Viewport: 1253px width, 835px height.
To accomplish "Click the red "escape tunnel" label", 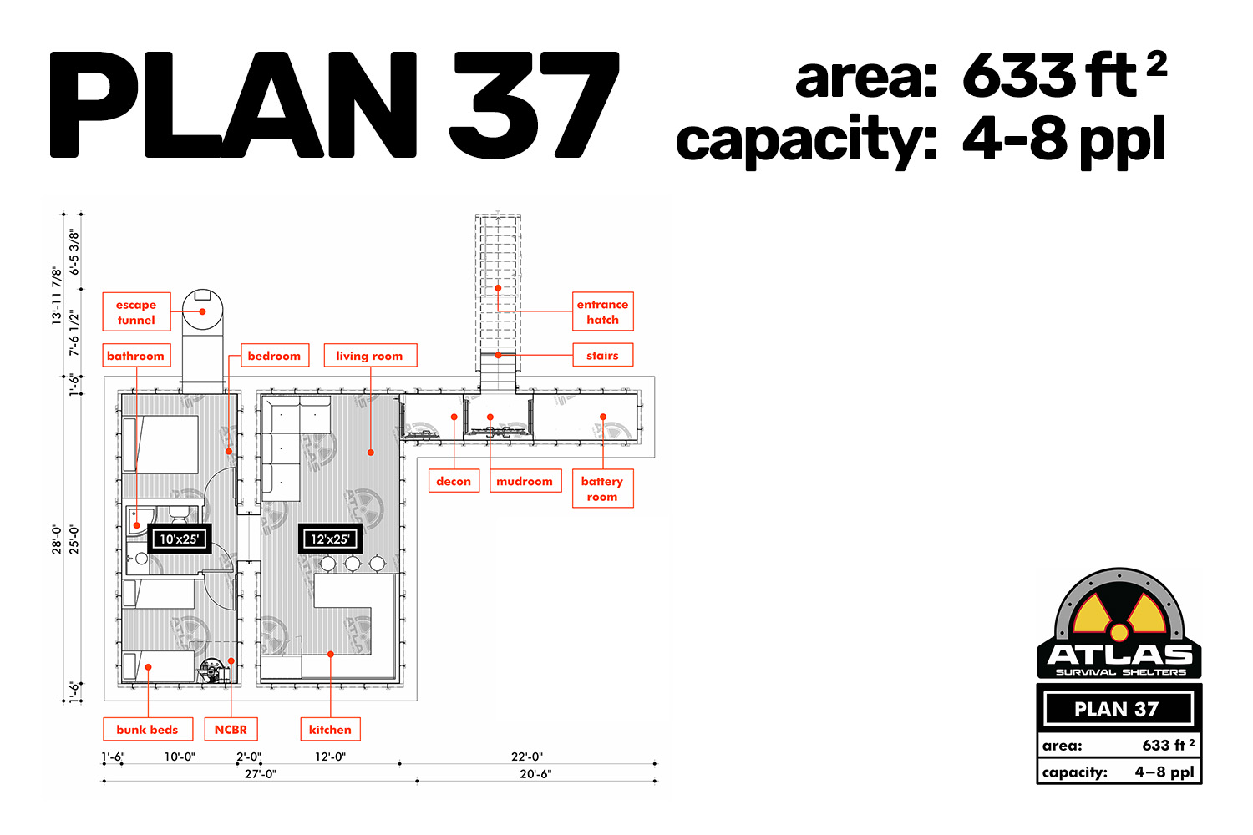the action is coord(136,311).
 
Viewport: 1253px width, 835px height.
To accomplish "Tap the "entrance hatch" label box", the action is coord(602,311).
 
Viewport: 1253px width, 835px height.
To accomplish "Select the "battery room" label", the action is coord(602,488).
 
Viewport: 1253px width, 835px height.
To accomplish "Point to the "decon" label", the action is coord(454,480).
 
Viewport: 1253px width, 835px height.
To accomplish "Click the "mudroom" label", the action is coord(525,480).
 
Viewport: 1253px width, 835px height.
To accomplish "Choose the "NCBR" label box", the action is coord(231,729).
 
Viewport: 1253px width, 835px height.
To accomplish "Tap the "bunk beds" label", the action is coord(148,729).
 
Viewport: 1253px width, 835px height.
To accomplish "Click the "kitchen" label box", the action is coord(330,729).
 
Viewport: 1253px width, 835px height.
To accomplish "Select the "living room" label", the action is coord(370,355).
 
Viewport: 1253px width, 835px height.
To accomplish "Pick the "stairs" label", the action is coord(602,355).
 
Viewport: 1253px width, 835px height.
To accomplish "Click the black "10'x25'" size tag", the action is coord(179,539).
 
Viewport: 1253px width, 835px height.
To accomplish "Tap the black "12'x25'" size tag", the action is coord(330,539).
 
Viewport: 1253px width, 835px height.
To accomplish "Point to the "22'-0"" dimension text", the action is coord(527,757).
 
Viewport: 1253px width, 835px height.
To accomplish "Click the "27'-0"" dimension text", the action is coord(260,773).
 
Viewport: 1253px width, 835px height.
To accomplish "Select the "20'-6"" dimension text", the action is coord(535,773).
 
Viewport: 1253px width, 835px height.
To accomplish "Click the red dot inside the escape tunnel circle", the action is coord(202,311).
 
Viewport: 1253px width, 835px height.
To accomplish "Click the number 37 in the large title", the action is coord(535,104).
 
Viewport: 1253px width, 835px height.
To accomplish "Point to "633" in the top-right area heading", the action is coord(1018,75).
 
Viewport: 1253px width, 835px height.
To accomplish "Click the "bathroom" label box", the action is coord(136,355).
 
